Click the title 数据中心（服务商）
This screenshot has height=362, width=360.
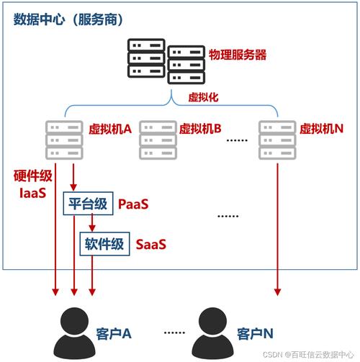[66, 18]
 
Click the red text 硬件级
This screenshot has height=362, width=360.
[32, 176]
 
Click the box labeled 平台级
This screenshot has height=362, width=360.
[88, 204]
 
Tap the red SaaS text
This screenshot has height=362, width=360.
[151, 244]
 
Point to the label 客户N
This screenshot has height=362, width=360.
[254, 335]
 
